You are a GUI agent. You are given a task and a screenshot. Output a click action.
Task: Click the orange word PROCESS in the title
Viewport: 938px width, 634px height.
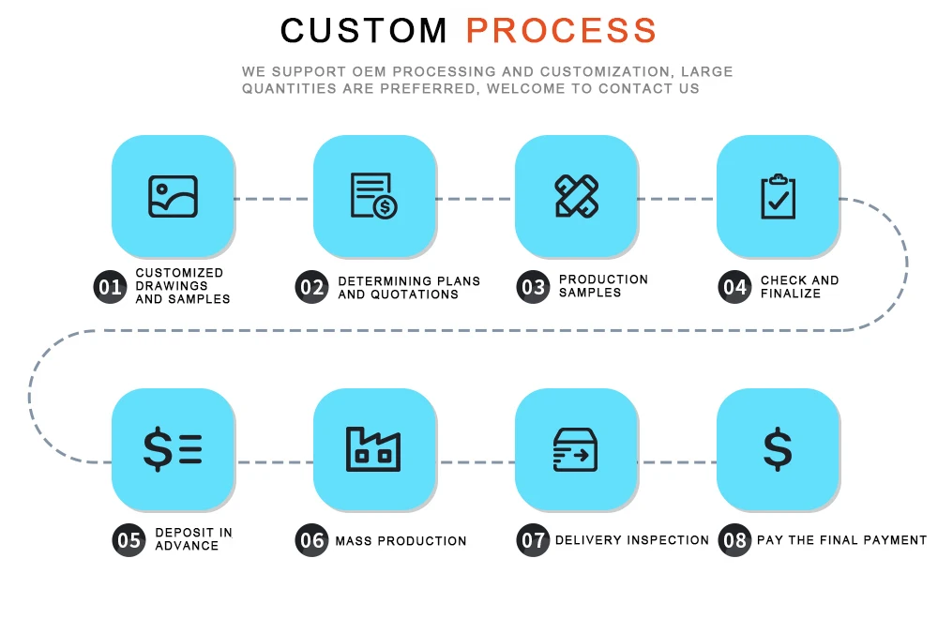pyautogui.click(x=561, y=30)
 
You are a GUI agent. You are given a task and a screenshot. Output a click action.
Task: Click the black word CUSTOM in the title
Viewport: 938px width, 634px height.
pyautogui.click(x=364, y=30)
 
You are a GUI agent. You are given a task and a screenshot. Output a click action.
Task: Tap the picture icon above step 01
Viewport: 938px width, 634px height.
pyautogui.click(x=173, y=197)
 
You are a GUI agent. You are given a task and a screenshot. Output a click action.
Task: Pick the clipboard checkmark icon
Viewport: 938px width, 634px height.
pyautogui.click(x=778, y=197)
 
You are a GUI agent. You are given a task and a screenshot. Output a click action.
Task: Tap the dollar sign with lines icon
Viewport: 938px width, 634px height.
pyautogui.click(x=173, y=449)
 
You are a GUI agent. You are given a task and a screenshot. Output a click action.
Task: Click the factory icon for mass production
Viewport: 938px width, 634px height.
pyautogui.click(x=373, y=449)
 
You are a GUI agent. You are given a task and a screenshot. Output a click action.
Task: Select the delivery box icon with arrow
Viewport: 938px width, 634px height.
pyautogui.click(x=576, y=449)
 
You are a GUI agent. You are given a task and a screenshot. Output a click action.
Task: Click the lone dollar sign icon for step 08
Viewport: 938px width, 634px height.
pyautogui.click(x=778, y=449)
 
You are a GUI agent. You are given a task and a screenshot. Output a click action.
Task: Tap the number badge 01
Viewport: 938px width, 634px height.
pyautogui.click(x=110, y=287)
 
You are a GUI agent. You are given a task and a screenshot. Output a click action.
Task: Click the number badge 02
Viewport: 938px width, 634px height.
pyautogui.click(x=311, y=287)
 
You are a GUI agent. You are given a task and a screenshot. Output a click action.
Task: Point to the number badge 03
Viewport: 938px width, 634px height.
pyautogui.click(x=533, y=287)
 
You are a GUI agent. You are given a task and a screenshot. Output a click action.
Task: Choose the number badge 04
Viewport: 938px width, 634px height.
pyautogui.click(x=734, y=287)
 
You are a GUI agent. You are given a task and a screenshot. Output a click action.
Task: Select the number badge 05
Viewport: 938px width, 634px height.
pyautogui.click(x=129, y=540)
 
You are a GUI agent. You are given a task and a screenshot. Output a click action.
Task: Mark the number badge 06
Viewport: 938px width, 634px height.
pyautogui.click(x=311, y=540)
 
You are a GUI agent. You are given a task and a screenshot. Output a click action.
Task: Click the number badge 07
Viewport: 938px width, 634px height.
pyautogui.click(x=533, y=540)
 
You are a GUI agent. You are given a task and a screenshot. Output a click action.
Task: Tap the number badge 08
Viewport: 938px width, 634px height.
pyautogui.click(x=734, y=540)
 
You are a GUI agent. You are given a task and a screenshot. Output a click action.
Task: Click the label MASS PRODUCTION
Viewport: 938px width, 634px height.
pyautogui.click(x=401, y=541)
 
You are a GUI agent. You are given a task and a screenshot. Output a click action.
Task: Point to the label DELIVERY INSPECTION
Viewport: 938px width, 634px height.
pyautogui.click(x=632, y=540)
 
